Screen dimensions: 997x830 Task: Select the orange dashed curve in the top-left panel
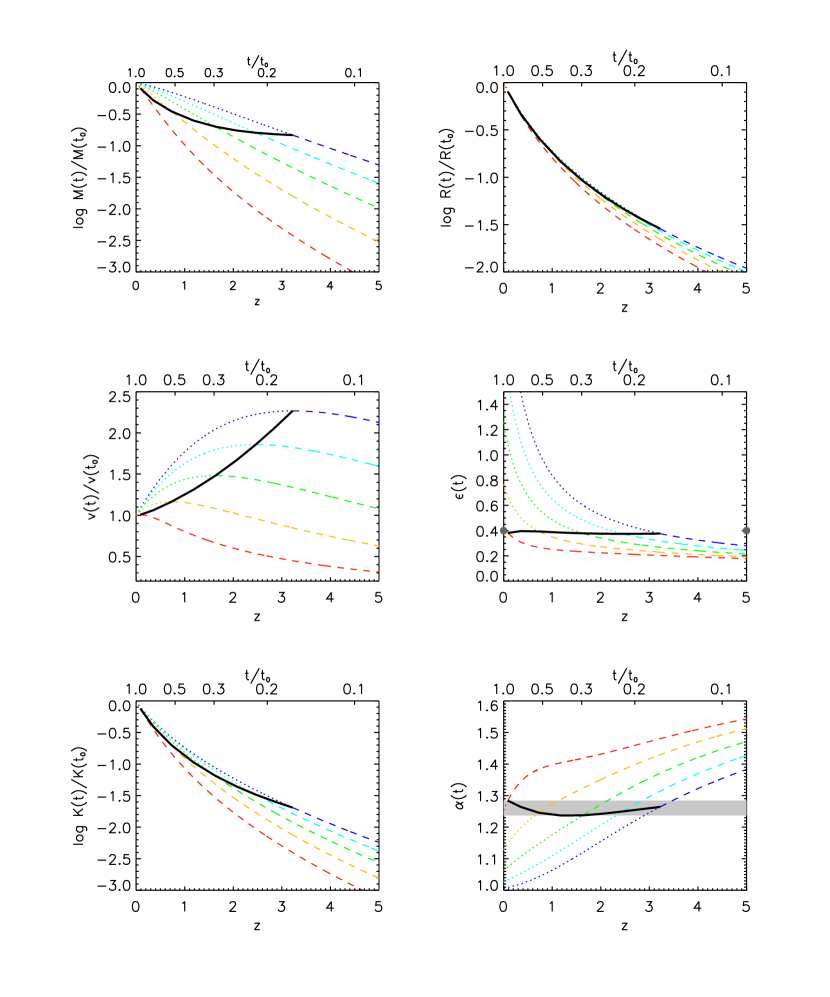click(290, 195)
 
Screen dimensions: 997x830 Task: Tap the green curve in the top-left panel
click(300, 171)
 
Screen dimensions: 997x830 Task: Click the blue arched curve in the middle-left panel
click(290, 411)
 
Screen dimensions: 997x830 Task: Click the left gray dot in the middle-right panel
click(503, 531)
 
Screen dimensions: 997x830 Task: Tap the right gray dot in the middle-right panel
click(746, 531)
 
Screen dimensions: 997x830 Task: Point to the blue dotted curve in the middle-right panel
click(560, 480)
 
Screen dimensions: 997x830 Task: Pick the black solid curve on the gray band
click(580, 813)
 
